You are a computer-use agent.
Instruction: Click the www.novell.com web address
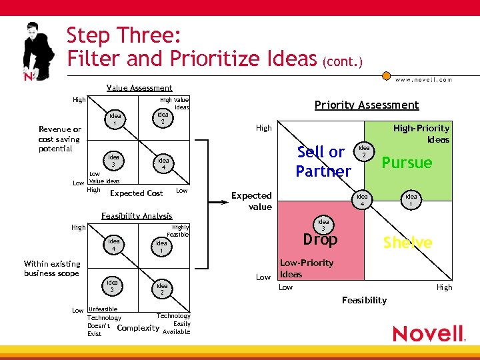(x=423, y=79)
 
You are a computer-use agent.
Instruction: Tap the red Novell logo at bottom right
(x=428, y=333)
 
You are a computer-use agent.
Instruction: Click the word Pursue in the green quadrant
(x=407, y=163)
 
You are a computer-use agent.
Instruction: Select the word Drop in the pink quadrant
(x=320, y=239)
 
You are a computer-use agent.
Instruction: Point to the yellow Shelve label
(x=407, y=243)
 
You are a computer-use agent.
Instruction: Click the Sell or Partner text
(x=323, y=161)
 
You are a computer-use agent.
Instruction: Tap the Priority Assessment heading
(x=366, y=105)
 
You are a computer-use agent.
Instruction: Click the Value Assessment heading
(x=139, y=88)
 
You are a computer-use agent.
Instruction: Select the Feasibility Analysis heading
(x=136, y=216)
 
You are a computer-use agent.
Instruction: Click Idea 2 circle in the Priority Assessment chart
(x=364, y=151)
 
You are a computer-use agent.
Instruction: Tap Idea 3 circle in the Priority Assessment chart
(x=323, y=225)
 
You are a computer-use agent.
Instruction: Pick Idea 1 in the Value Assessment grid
(x=115, y=119)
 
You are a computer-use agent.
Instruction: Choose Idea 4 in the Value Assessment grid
(x=163, y=164)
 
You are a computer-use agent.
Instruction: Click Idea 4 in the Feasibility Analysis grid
(x=114, y=245)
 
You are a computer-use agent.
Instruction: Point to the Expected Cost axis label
(x=136, y=193)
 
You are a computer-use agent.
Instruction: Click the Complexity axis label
(x=137, y=328)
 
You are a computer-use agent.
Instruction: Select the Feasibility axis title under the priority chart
(x=364, y=301)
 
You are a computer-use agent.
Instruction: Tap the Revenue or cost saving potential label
(x=59, y=139)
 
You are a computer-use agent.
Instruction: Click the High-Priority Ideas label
(x=421, y=133)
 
